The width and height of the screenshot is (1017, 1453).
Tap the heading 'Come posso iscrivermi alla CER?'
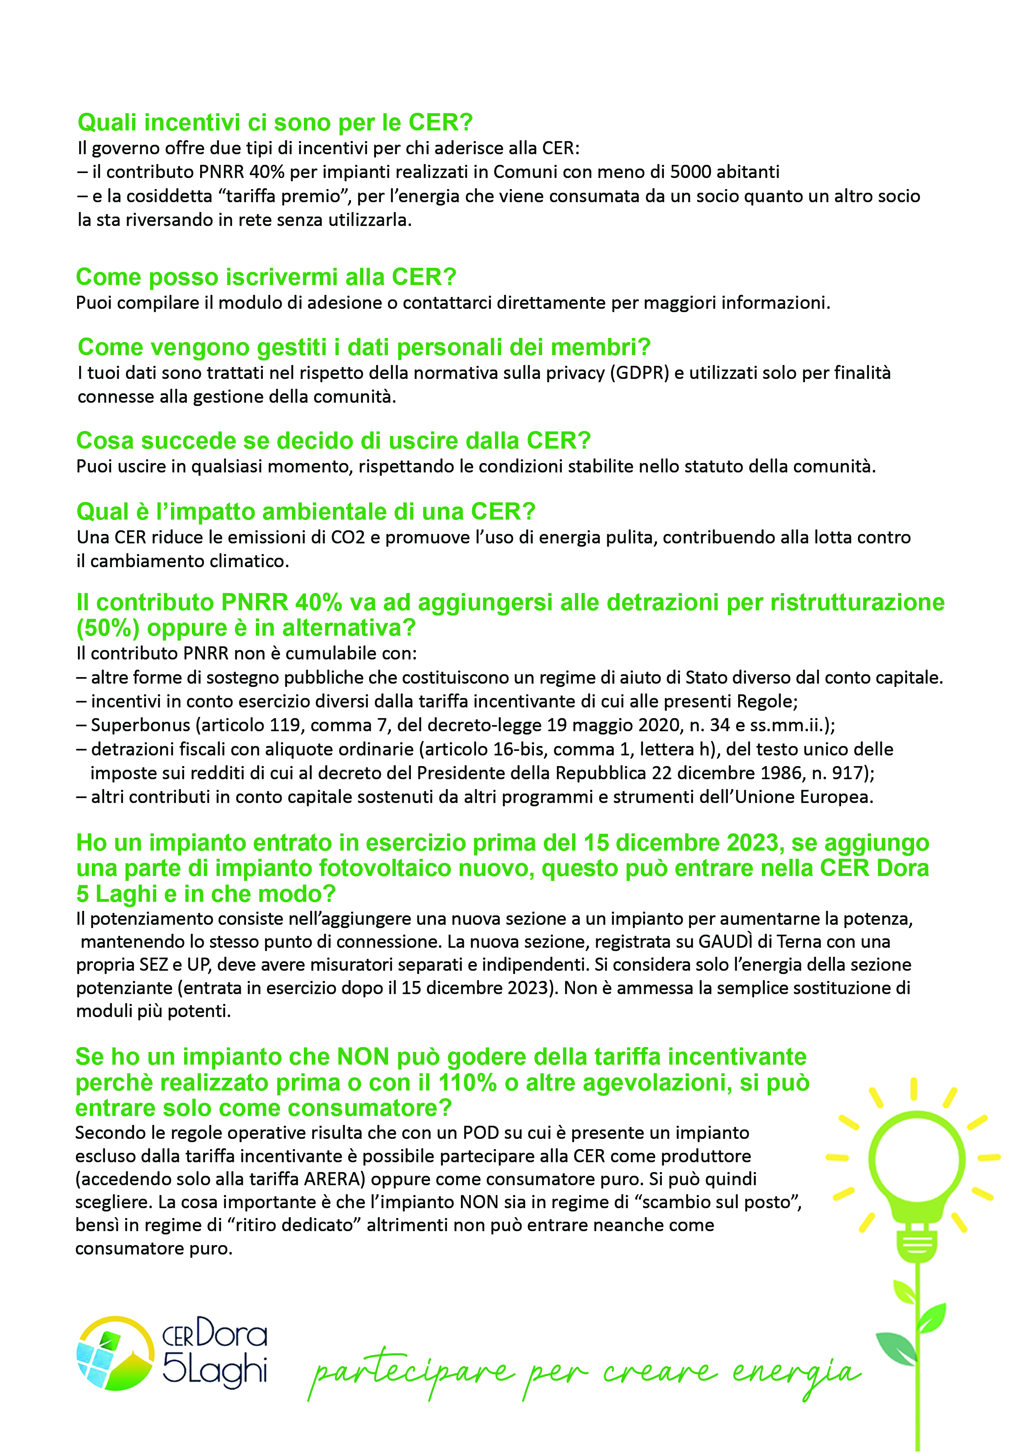pos(266,277)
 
